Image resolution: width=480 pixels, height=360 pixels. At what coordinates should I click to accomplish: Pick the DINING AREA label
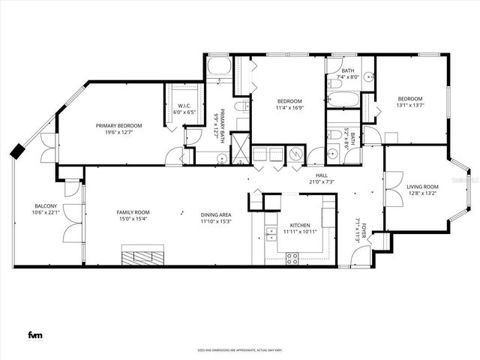pyautogui.click(x=215, y=214)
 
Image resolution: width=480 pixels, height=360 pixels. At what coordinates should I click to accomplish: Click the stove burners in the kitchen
pyautogui.click(x=292, y=257)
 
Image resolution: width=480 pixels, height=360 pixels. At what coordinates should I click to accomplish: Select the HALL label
pyautogui.click(x=321, y=175)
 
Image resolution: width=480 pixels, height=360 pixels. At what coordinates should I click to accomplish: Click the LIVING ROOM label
pyautogui.click(x=422, y=187)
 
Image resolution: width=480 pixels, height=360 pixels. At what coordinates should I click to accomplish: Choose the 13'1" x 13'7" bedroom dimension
pyautogui.click(x=409, y=106)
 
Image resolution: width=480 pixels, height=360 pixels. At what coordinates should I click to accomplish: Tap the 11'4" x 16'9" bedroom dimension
pyautogui.click(x=289, y=108)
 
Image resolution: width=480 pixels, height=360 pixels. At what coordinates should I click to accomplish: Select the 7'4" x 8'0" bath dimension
pyautogui.click(x=349, y=76)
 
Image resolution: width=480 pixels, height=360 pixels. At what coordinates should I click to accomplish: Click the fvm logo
pyautogui.click(x=34, y=334)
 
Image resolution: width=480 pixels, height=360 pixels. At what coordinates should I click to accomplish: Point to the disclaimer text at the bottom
pyautogui.click(x=240, y=349)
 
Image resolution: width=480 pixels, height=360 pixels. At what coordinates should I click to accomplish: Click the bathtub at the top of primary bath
pyautogui.click(x=220, y=68)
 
